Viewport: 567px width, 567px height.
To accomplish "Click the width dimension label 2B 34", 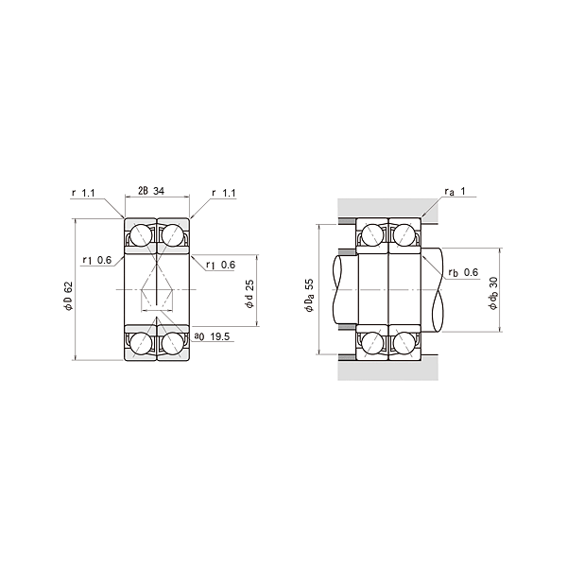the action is coord(151,191).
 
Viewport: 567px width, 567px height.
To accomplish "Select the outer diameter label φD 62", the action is coord(68,296).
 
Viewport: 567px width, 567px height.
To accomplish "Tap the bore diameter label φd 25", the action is coord(249,294).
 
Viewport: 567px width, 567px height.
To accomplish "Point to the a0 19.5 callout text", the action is coord(212,336).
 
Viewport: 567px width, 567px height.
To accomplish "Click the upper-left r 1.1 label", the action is coord(83,193).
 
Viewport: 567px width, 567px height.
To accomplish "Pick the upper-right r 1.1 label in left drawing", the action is coord(224,193).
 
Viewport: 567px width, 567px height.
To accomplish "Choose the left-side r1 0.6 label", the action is coord(97,260).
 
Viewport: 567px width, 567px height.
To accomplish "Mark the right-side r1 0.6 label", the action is coord(220,265).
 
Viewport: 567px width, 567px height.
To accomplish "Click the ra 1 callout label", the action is coord(455,191).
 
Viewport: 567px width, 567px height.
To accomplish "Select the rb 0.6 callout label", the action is coord(463,272).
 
